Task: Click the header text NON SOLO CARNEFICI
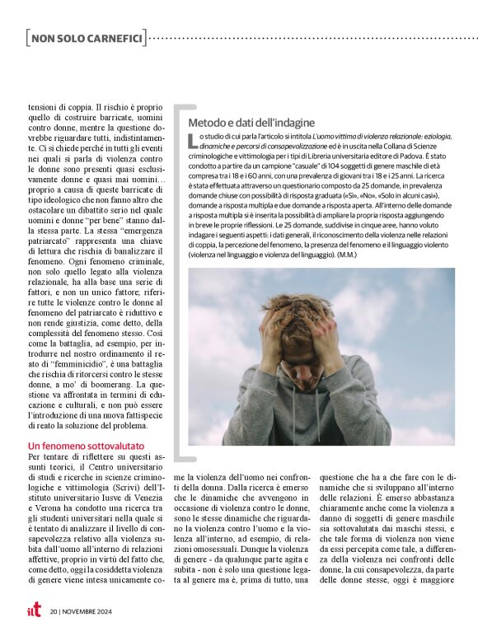87,38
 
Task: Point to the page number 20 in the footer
54,611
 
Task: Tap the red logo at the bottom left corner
31,610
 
